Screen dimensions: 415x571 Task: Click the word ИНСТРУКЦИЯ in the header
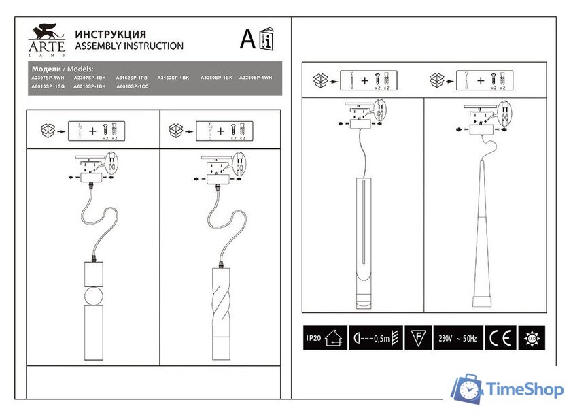(110, 34)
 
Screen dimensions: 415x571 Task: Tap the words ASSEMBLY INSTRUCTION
(128, 46)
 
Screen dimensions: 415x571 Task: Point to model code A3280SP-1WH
(256, 78)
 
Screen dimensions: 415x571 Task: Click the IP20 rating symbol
(322, 337)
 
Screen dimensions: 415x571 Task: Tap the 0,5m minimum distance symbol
(377, 337)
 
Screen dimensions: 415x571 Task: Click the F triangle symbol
(419, 337)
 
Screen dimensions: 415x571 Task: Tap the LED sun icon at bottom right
(530, 337)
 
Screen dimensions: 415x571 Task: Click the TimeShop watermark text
(525, 390)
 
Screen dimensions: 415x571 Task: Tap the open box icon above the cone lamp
(437, 80)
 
